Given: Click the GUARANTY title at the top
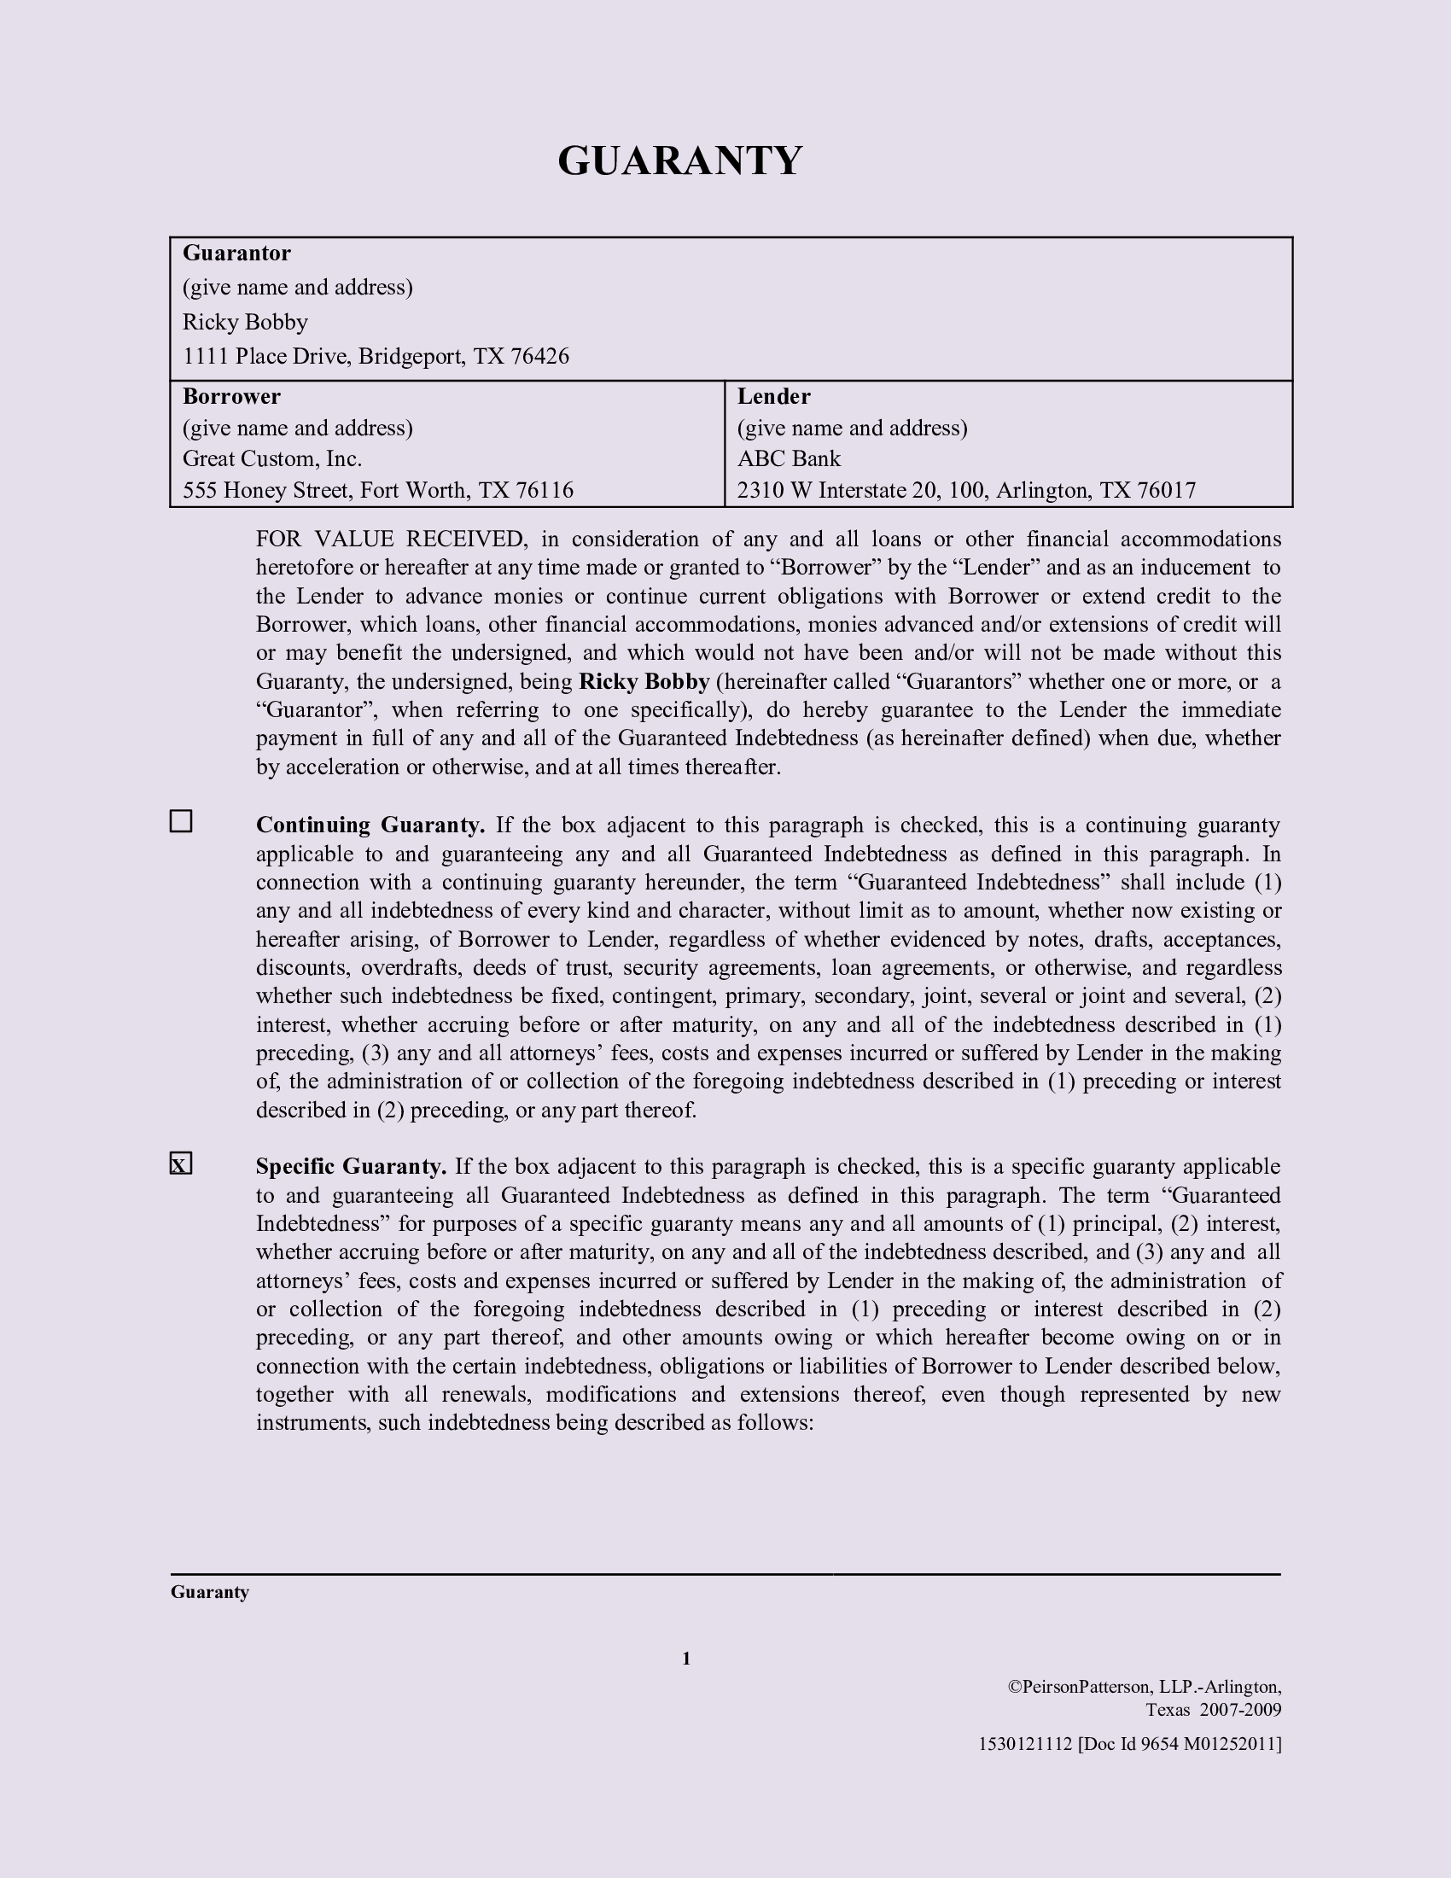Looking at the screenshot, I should [x=680, y=160].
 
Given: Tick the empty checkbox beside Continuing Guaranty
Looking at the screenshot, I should [x=180, y=821].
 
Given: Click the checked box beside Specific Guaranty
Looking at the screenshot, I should [x=180, y=1164].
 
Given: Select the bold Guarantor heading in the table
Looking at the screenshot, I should [x=236, y=253].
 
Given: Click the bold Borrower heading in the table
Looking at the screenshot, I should [x=231, y=396].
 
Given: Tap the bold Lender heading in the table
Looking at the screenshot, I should [x=773, y=396].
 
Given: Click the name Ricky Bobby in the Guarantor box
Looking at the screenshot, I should [x=245, y=322].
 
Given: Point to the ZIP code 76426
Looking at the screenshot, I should [x=539, y=356].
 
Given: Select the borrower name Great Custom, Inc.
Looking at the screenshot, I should [x=271, y=458].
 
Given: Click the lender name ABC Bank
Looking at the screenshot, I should [x=789, y=458].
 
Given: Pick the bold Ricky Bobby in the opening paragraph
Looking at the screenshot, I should [x=644, y=682].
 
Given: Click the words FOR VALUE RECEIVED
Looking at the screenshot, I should [x=389, y=539].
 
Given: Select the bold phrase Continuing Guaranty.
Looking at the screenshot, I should [x=370, y=825].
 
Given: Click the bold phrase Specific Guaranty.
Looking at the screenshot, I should [x=351, y=1167].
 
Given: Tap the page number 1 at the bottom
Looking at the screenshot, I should [x=686, y=1659].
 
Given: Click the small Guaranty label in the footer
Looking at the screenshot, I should [x=210, y=1592].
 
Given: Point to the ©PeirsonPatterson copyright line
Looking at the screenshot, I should [x=1144, y=1687].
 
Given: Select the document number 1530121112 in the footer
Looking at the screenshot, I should [x=1025, y=1744].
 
